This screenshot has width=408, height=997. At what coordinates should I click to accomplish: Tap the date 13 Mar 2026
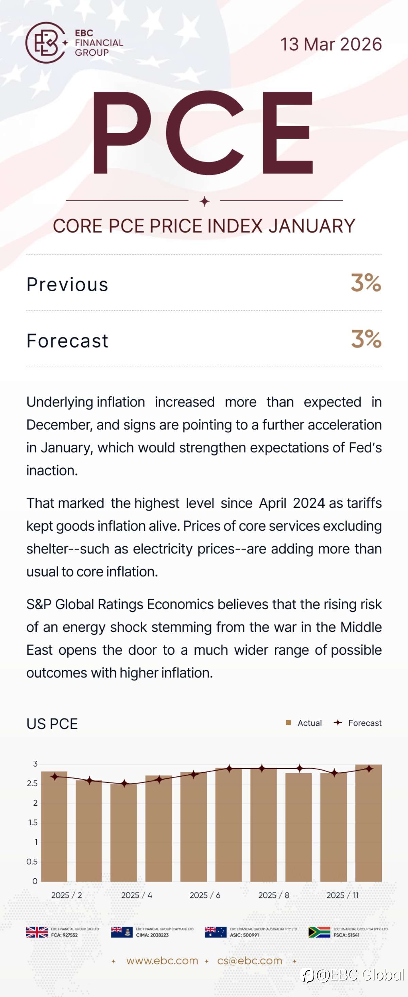click(x=331, y=44)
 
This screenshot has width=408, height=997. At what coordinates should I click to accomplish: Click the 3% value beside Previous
click(x=366, y=282)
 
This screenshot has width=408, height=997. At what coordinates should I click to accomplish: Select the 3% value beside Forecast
click(x=366, y=339)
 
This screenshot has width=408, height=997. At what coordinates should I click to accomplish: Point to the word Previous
click(x=67, y=285)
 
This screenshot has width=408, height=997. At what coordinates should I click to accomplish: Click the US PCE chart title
click(x=52, y=723)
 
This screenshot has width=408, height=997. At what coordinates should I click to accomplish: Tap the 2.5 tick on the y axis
click(x=33, y=783)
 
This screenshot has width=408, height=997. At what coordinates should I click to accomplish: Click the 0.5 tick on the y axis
click(x=32, y=861)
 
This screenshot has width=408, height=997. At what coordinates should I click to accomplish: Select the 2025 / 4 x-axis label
click(x=137, y=895)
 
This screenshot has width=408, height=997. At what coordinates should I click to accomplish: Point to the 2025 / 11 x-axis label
click(x=342, y=895)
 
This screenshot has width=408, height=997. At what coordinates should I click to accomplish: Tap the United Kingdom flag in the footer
click(x=37, y=932)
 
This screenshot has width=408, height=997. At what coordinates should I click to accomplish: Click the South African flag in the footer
click(x=319, y=932)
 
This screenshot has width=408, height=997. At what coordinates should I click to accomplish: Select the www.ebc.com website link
click(x=162, y=961)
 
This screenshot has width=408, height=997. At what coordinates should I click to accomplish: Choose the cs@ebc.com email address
click(x=250, y=961)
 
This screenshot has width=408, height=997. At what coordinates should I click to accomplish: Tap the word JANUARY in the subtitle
click(x=312, y=226)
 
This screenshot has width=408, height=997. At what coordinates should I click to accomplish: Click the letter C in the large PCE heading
click(x=205, y=133)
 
